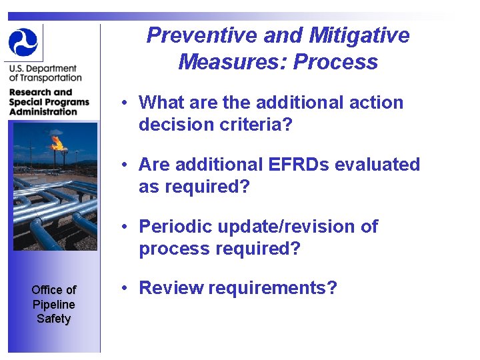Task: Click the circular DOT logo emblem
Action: point(23,42)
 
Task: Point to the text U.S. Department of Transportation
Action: point(44,73)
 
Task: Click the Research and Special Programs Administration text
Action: point(48,102)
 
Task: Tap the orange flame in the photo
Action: point(57,141)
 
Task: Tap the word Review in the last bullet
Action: point(171,288)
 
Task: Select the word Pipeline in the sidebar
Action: point(53,304)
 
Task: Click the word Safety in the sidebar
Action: point(53,319)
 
